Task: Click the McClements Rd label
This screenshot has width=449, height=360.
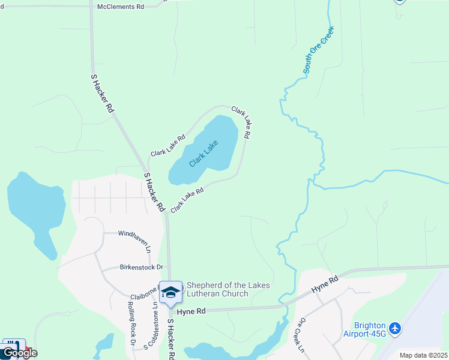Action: [x=121, y=7]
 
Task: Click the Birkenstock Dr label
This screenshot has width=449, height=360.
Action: [x=142, y=267]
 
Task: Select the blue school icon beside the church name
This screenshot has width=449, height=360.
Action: [x=171, y=292]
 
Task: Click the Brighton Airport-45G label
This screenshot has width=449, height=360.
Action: [x=364, y=329]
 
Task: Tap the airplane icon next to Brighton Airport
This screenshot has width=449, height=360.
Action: [x=394, y=328]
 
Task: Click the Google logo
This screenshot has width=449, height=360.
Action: [x=19, y=353]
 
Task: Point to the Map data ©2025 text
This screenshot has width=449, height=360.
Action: [x=423, y=355]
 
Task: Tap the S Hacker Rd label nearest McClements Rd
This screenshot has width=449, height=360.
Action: [x=102, y=94]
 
